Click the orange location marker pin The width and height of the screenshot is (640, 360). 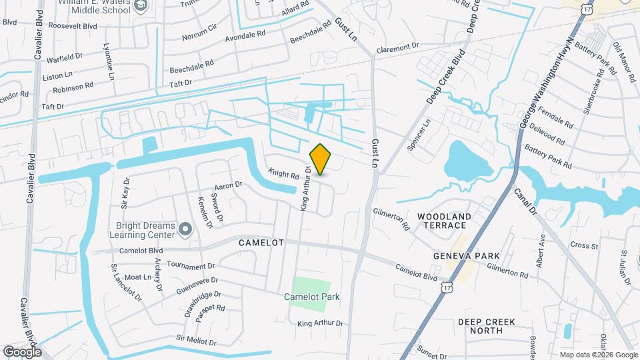pos(320,159)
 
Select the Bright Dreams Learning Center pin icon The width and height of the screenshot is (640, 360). pos(185,230)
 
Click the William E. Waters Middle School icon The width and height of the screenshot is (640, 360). pos(141,6)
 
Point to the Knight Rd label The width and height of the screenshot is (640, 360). pos(283,175)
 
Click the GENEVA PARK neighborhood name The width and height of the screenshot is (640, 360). pos(457,256)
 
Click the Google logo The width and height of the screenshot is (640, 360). pos(22,351)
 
